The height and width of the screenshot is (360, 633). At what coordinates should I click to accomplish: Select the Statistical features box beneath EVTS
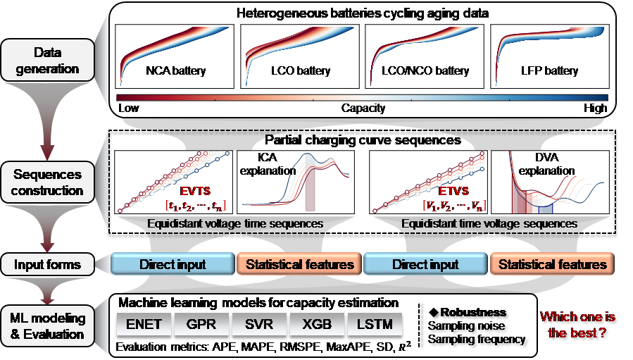click(x=298, y=264)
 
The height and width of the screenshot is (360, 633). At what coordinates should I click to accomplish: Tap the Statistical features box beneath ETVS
click(x=552, y=264)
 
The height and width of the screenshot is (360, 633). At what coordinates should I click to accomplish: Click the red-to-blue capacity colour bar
click(x=362, y=97)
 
